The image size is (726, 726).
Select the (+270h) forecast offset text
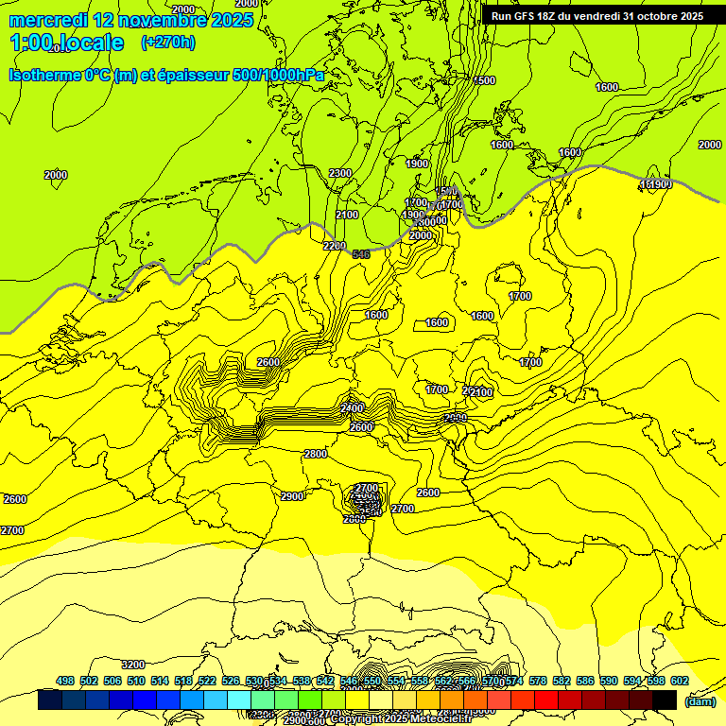click(x=167, y=42)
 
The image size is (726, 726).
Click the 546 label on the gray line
click(x=360, y=254)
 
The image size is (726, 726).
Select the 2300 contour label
click(x=340, y=173)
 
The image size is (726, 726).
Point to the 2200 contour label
click(x=335, y=246)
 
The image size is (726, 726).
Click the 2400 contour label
click(x=353, y=407)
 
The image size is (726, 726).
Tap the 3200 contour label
click(x=133, y=665)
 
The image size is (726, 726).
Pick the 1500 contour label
click(x=484, y=80)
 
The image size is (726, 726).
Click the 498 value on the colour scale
click(x=65, y=682)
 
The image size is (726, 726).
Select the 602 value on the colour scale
click(x=680, y=682)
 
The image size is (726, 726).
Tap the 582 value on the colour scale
click(x=562, y=682)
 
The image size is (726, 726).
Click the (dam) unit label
click(x=699, y=700)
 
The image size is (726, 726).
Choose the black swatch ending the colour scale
click(x=665, y=700)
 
